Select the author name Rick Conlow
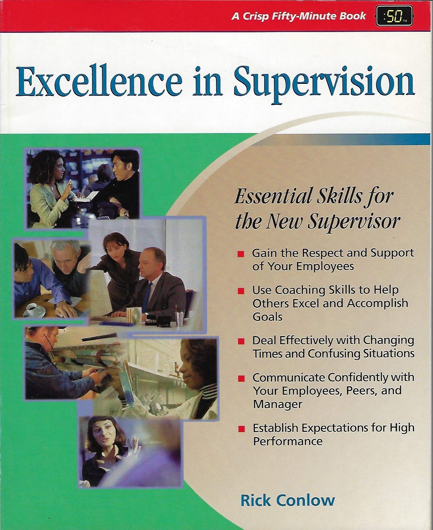pyautogui.click(x=287, y=501)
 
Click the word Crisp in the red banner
pyautogui.click(x=255, y=17)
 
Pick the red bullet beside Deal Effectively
pyautogui.click(x=241, y=342)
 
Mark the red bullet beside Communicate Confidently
pyautogui.click(x=241, y=379)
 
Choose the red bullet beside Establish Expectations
pyautogui.click(x=241, y=429)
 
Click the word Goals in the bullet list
pyautogui.click(x=268, y=317)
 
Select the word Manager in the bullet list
pyautogui.click(x=278, y=405)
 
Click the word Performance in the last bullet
pyautogui.click(x=288, y=441)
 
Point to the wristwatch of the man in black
pyautogui.click(x=127, y=212)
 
